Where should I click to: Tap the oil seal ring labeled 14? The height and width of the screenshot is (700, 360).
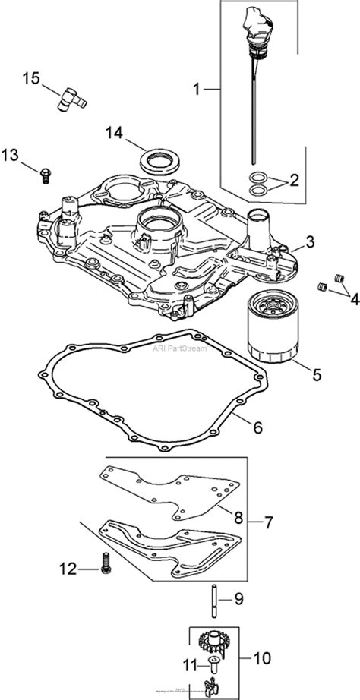[160, 162]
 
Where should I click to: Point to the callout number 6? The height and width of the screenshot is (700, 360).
[257, 427]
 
